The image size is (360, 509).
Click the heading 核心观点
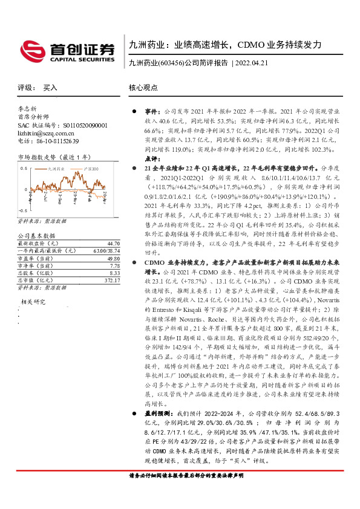[x=143, y=88]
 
